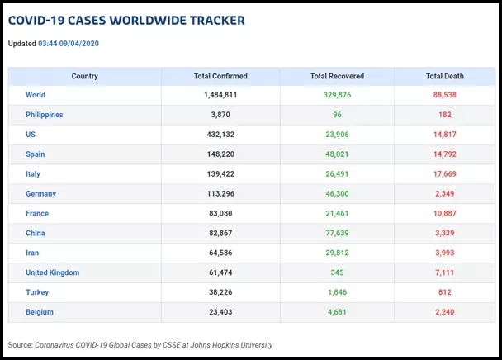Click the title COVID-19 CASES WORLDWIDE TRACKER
[126, 21]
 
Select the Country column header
[84, 76]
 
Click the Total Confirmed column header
[220, 76]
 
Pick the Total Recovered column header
[337, 76]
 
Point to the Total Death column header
[444, 76]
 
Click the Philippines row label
[44, 115]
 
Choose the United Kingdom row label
[52, 272]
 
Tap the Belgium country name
[40, 312]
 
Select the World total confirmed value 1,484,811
[220, 95]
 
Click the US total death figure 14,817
[444, 135]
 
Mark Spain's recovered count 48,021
[337, 154]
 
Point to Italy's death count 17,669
[444, 174]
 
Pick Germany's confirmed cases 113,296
[220, 194]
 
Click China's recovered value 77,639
[337, 233]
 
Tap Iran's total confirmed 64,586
[220, 253]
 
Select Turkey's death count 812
[444, 292]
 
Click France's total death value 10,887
[444, 213]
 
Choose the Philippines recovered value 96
[337, 115]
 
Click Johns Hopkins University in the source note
[233, 345]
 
